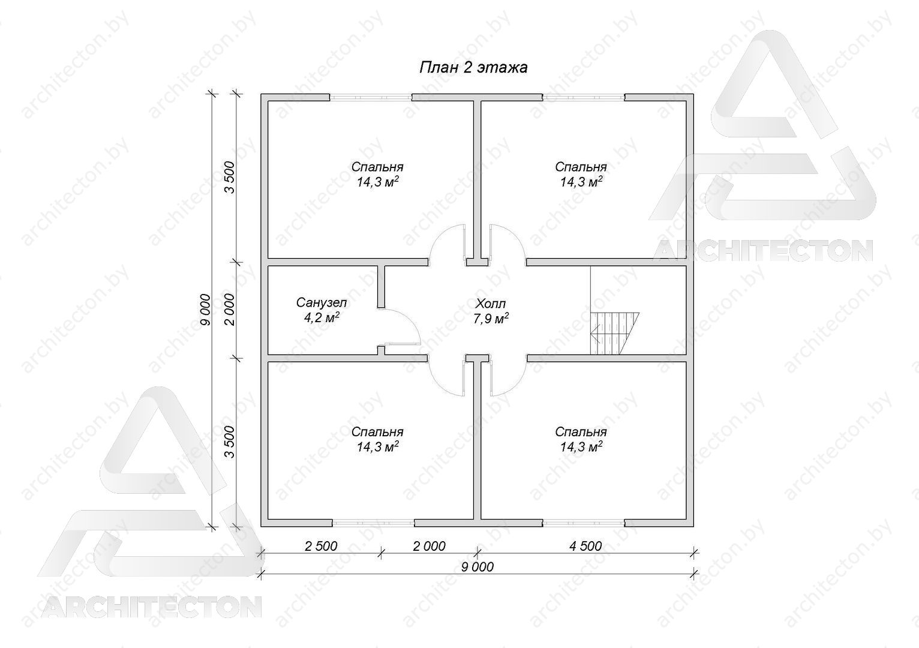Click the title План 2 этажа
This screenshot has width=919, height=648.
click(473, 67)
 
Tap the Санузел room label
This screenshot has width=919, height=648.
click(322, 303)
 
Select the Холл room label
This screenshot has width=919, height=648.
click(491, 304)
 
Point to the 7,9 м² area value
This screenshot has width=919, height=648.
click(491, 319)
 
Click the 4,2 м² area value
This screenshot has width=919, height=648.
click(322, 317)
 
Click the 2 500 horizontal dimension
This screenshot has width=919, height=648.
click(321, 546)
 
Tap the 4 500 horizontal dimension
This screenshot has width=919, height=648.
click(585, 546)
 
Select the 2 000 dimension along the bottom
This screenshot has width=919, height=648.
click(429, 546)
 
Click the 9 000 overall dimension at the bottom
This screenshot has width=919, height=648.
click(477, 567)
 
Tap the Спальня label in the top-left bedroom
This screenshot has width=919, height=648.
click(377, 167)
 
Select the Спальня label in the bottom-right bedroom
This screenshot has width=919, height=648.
click(581, 432)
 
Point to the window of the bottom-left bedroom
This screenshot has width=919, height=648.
click(373, 523)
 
